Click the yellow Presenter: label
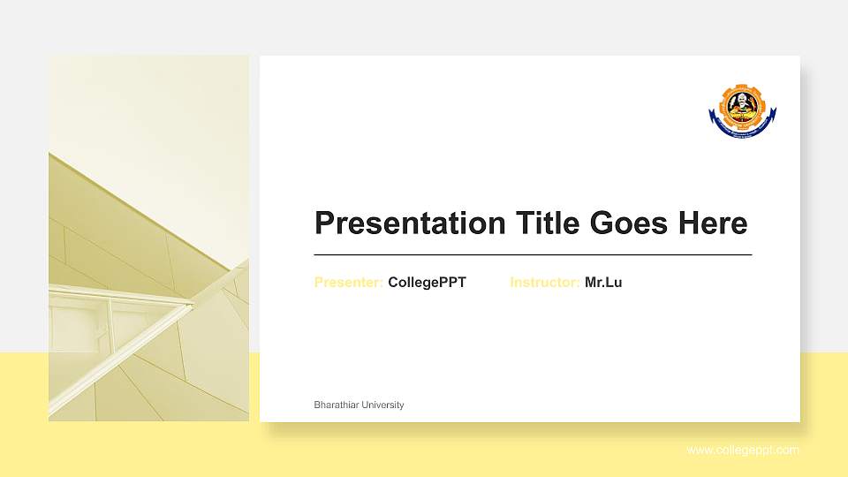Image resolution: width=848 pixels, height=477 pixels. [348, 283]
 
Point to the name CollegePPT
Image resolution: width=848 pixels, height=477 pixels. [427, 283]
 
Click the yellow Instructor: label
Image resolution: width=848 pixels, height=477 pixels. [544, 283]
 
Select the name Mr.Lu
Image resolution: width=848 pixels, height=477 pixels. [603, 283]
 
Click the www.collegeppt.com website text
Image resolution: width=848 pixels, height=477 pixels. [743, 450]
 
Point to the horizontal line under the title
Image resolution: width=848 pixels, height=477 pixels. [533, 254]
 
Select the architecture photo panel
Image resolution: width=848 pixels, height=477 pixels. [148, 238]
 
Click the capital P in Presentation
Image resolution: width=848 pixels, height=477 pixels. [325, 223]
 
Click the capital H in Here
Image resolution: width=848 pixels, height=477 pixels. [689, 223]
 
